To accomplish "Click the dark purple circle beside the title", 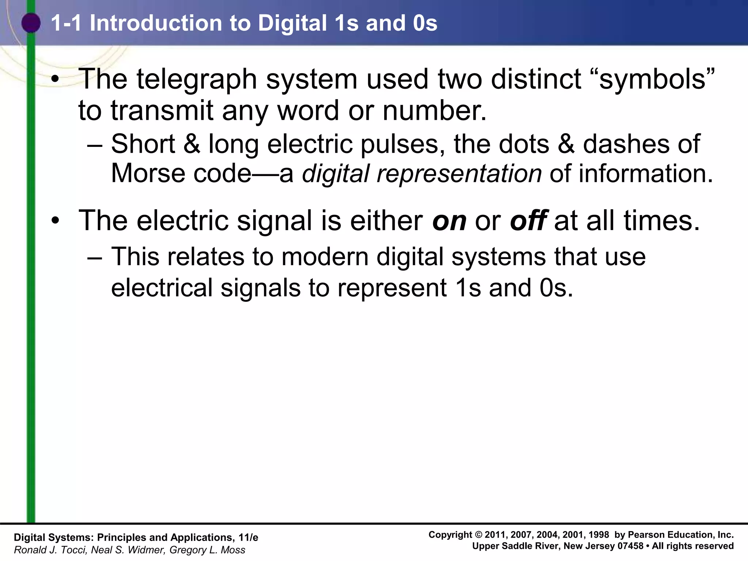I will click(31, 23).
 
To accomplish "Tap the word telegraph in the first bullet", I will click(197, 79).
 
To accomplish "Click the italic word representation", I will click(459, 174).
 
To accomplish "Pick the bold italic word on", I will click(449, 221).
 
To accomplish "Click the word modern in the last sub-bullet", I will click(325, 256).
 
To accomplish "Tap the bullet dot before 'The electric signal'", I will click(55, 221).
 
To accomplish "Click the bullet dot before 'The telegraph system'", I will click(55, 80).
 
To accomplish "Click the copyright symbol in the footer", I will click(478, 535).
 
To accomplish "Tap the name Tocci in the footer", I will click(73, 550).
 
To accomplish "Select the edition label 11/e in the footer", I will click(248, 538).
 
